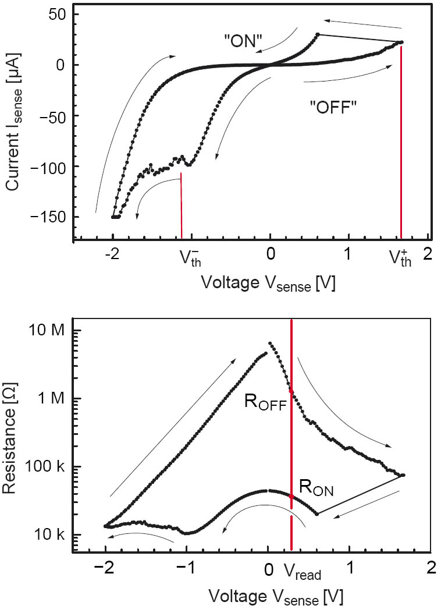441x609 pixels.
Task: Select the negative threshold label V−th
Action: [x=187, y=257]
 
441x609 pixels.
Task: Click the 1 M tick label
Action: [x=49, y=399]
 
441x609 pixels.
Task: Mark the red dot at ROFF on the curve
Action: [x=291, y=391]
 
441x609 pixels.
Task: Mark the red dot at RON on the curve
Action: [x=291, y=496]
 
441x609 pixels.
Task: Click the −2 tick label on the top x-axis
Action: [x=113, y=254]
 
